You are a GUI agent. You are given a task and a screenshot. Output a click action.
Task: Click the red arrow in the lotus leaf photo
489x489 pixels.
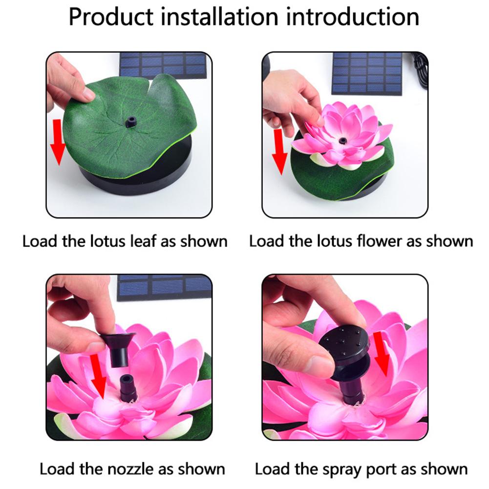[58, 141]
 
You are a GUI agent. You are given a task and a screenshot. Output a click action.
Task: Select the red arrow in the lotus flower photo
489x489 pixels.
[280, 151]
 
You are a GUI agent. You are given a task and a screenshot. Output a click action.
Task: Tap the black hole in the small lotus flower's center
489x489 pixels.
[342, 141]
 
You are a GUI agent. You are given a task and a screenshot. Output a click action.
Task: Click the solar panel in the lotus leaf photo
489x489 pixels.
[163, 64]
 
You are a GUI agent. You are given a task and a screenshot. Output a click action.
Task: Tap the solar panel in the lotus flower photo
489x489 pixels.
[367, 73]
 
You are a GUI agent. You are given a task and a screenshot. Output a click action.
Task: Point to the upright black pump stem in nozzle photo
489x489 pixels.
[128, 388]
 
